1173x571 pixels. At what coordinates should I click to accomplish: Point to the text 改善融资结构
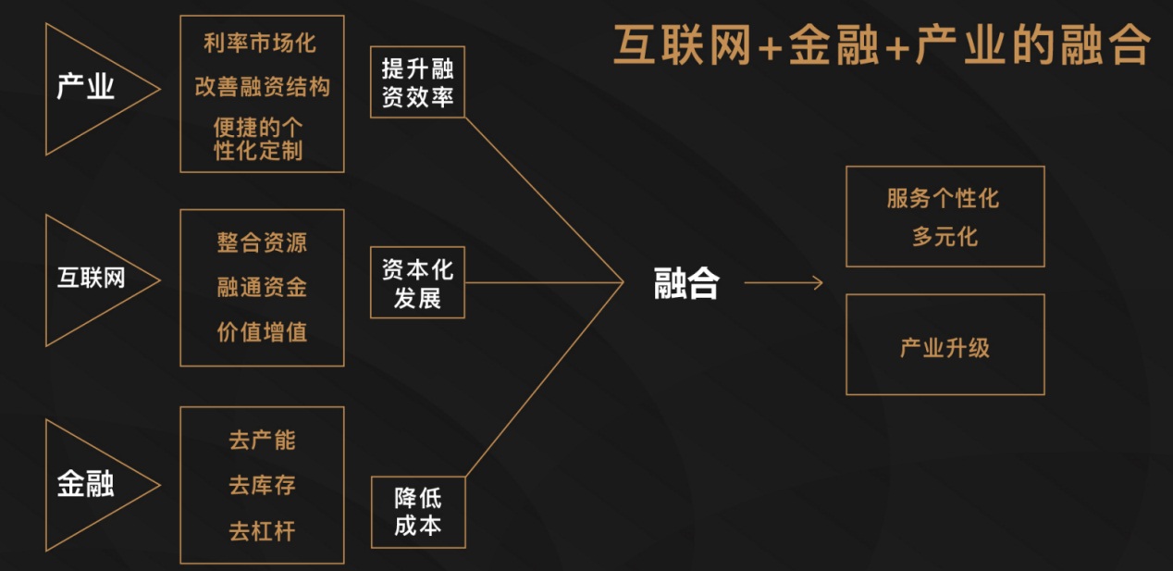(x=262, y=87)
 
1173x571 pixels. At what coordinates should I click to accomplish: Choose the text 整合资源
(x=262, y=242)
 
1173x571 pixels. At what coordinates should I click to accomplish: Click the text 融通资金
(x=262, y=288)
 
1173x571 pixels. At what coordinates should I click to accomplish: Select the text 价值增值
(x=262, y=332)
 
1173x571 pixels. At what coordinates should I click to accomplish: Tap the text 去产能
(x=262, y=440)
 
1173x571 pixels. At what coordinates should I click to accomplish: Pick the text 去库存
(x=262, y=485)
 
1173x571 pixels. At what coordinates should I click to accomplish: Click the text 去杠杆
(x=262, y=531)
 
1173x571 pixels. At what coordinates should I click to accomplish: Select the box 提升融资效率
(x=417, y=82)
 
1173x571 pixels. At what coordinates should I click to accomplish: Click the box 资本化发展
(x=417, y=282)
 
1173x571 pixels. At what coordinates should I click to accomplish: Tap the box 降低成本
(x=417, y=512)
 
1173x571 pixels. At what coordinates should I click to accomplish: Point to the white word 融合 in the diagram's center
(x=686, y=284)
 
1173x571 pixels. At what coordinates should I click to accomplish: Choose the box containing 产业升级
(x=945, y=344)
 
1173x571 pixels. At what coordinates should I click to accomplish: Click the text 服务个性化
(x=943, y=198)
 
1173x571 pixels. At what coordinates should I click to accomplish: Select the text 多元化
(x=944, y=237)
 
